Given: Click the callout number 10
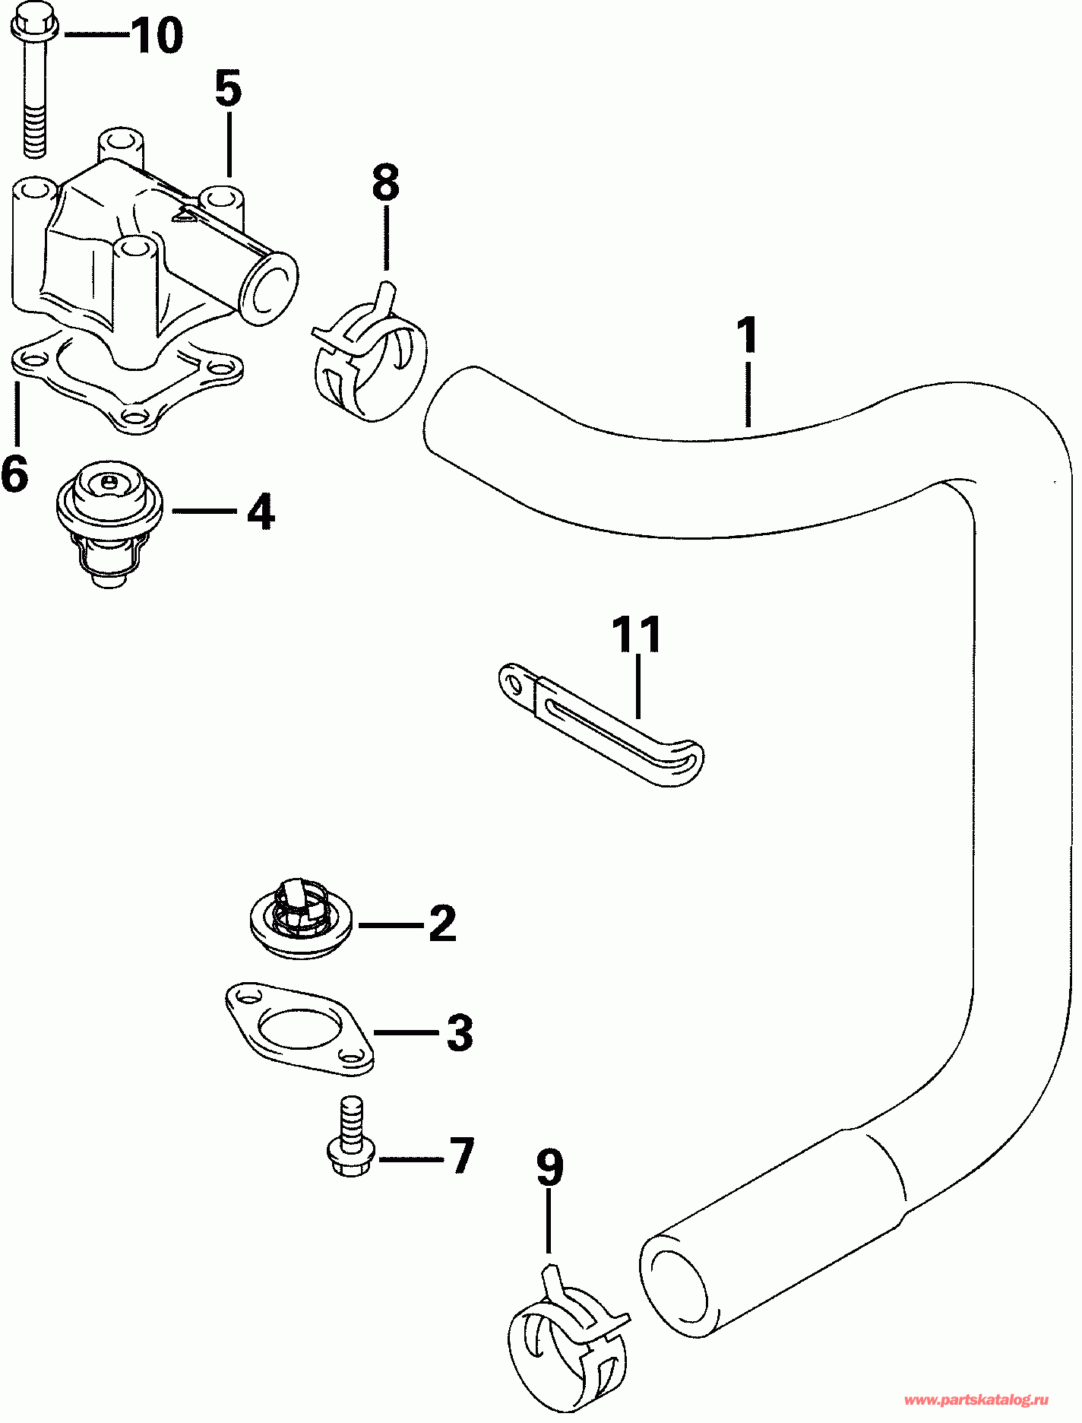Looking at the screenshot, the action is (157, 36).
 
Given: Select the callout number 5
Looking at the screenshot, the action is (228, 88).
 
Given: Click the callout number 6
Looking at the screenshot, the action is (14, 474).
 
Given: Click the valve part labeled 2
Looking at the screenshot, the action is (300, 917).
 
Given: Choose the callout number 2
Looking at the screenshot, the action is (442, 923).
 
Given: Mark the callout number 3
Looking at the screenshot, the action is (460, 1032).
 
